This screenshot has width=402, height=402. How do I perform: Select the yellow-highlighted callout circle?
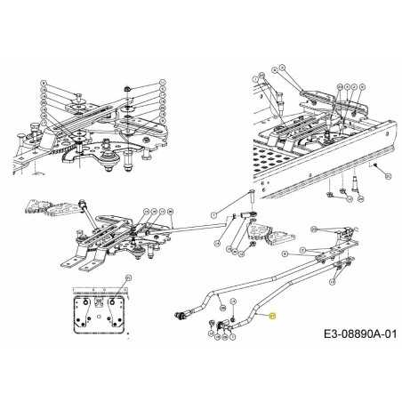point(273,316)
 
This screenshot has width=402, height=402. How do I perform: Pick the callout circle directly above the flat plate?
point(128,277)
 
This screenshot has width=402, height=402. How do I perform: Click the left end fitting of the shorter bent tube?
point(181,313)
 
